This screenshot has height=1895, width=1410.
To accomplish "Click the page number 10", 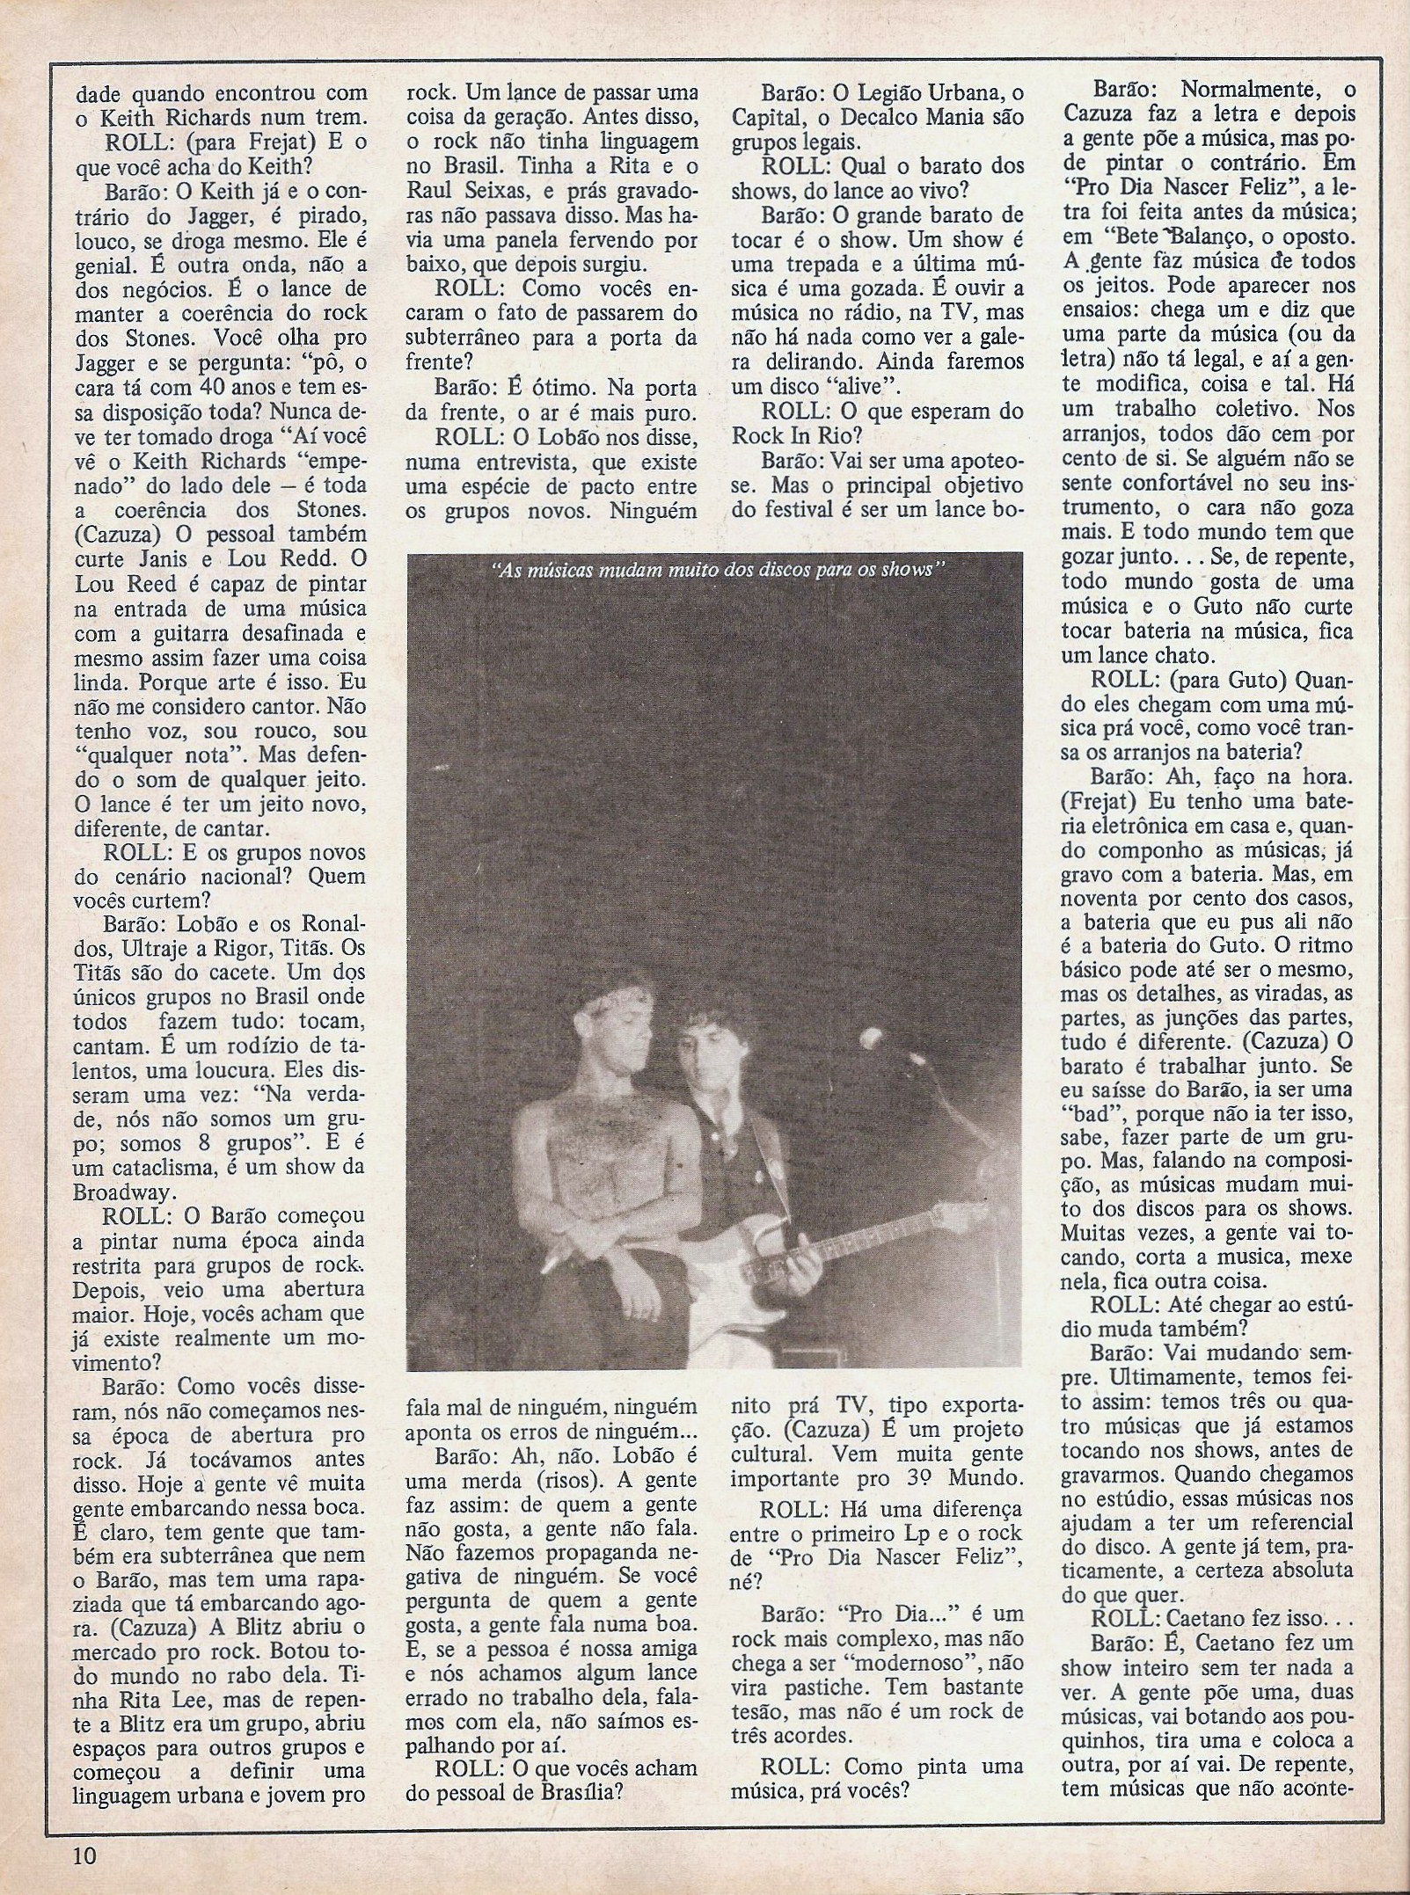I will [84, 1855].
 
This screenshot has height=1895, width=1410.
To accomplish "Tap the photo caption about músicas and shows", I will [718, 568].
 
